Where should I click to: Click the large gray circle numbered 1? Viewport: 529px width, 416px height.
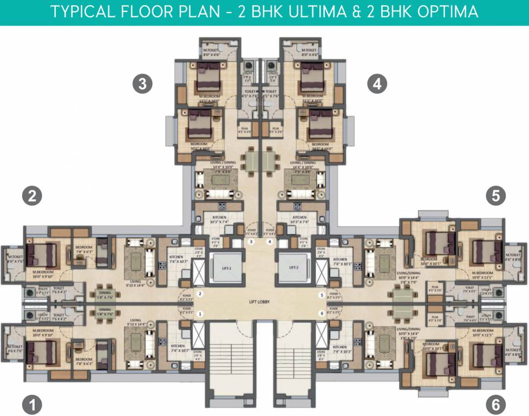point(32,404)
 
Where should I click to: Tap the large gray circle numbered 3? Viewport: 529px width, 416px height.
point(142,83)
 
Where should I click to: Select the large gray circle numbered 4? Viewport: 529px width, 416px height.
point(377,83)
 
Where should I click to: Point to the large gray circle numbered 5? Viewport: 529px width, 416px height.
point(495,196)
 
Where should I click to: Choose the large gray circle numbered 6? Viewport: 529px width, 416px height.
point(495,404)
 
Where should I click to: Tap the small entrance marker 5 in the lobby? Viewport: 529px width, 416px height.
point(322,295)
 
